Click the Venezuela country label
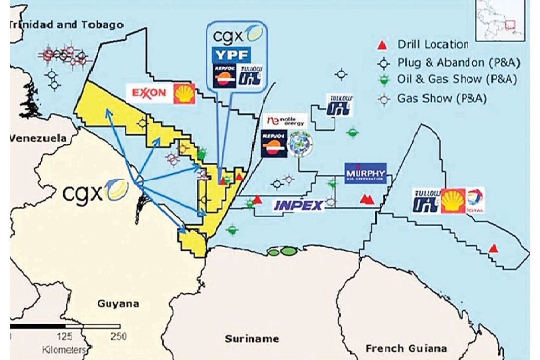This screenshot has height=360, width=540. [x=38, y=138]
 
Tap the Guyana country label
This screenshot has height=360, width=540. [x=118, y=304]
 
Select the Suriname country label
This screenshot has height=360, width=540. [x=252, y=339]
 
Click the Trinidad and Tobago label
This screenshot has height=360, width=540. [x=67, y=24]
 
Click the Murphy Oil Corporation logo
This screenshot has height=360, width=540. [x=365, y=174]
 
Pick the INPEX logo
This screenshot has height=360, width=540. [x=298, y=205]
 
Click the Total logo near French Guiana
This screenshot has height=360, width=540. [x=475, y=200]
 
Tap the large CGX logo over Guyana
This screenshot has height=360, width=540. [x=95, y=191]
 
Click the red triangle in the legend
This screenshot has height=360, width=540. [x=381, y=45]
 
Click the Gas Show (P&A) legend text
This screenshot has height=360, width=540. [x=442, y=98]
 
